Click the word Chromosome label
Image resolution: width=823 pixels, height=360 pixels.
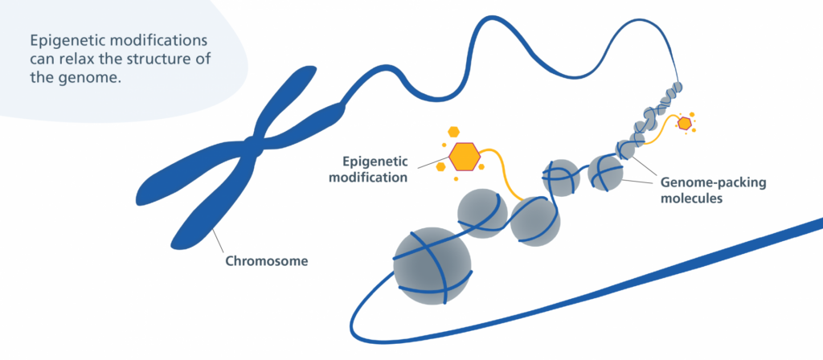[265, 261]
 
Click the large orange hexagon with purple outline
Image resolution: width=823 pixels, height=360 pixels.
[464, 155]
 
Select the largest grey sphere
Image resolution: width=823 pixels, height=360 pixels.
[432, 266]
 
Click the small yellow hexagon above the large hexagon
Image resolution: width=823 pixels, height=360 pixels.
[454, 131]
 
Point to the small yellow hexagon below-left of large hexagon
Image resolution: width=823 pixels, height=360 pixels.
[441, 167]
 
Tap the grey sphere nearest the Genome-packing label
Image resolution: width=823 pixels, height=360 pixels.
[605, 171]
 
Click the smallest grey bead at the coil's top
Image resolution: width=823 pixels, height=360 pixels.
[678, 87]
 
